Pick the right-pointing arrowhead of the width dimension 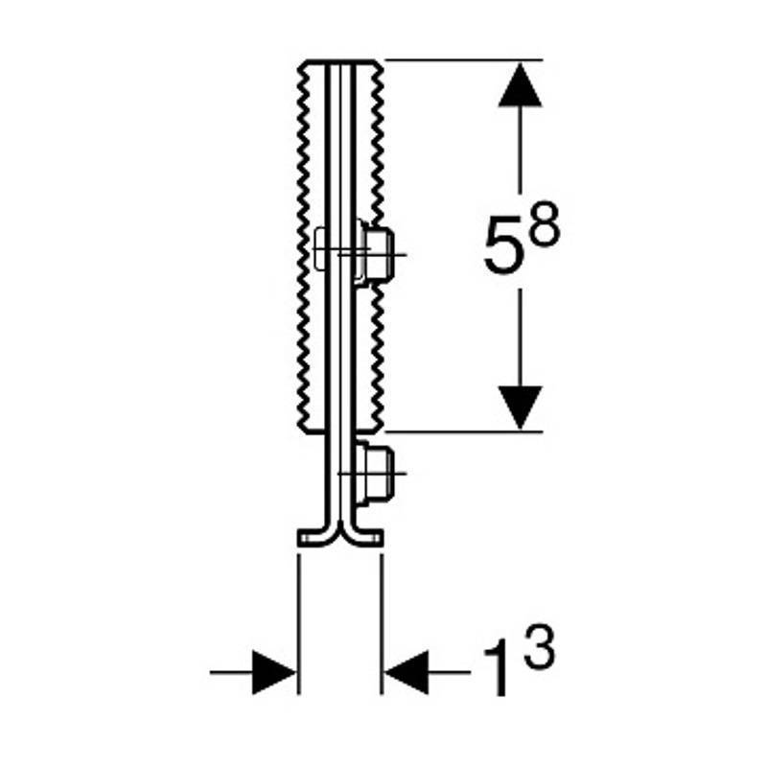[x=274, y=672]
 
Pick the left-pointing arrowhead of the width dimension [x=407, y=672]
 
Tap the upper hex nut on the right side [x=378, y=253]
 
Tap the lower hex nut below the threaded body [x=377, y=474]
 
